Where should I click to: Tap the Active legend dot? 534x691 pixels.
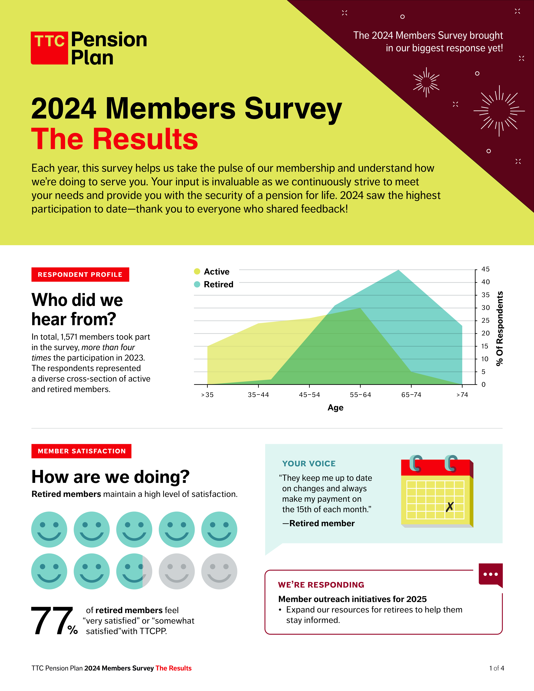(x=197, y=271)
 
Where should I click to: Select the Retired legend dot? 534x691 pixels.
(x=197, y=284)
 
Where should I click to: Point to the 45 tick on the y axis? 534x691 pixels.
(x=485, y=269)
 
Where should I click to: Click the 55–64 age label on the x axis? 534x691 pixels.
(x=360, y=394)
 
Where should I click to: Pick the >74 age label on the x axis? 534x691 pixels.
(x=462, y=394)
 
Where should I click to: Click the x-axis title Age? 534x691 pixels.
(x=335, y=407)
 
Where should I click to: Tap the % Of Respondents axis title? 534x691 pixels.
(x=499, y=328)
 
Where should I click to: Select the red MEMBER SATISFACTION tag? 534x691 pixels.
(x=82, y=451)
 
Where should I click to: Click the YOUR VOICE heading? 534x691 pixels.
(x=309, y=464)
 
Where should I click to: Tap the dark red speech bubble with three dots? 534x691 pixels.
(x=490, y=574)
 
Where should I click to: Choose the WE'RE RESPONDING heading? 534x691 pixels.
(x=321, y=585)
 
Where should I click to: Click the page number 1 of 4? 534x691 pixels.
(x=496, y=668)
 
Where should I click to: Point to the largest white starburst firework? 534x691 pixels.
(x=499, y=111)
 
